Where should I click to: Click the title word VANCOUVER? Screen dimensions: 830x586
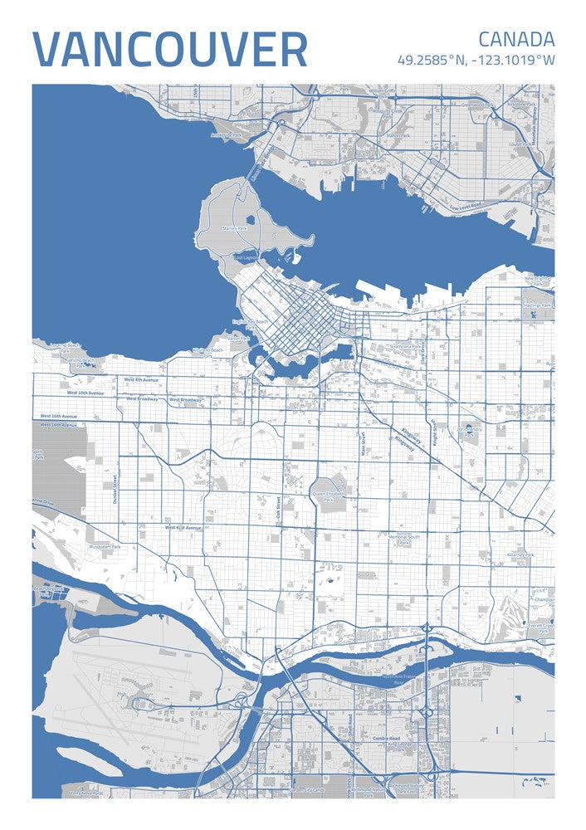[170, 50]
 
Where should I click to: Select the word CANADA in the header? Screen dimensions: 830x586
[515, 39]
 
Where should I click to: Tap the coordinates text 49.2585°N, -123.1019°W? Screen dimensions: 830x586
[476, 61]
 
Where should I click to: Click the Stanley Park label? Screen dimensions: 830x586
[234, 227]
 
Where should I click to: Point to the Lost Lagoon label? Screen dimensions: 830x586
[246, 258]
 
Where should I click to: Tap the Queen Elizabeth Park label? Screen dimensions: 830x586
[328, 496]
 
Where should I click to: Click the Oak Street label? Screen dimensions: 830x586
[279, 508]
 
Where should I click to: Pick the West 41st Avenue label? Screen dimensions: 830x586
[183, 527]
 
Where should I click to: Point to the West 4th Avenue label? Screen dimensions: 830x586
[140, 379]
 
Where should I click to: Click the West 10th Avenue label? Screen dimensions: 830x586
[85, 393]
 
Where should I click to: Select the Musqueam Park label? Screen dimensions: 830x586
[105, 547]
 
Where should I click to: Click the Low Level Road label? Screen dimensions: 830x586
[466, 204]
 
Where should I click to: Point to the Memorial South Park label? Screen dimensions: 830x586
[404, 540]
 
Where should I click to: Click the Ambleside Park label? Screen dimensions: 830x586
[225, 134]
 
